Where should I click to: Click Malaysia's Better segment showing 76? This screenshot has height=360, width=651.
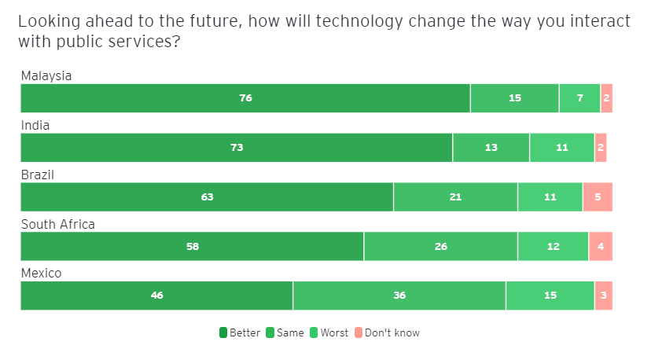(x=245, y=98)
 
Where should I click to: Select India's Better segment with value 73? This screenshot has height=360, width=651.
(x=237, y=148)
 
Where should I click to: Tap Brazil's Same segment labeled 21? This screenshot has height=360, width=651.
(x=455, y=197)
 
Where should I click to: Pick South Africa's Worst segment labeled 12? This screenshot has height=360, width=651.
(x=553, y=247)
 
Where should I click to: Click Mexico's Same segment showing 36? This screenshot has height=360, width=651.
(x=399, y=296)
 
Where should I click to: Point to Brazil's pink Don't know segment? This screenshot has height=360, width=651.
(x=598, y=197)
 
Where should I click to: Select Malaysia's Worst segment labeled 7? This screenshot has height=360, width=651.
(x=579, y=98)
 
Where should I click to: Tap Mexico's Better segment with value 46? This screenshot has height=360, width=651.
(x=156, y=296)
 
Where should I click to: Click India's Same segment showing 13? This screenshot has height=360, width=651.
(x=491, y=148)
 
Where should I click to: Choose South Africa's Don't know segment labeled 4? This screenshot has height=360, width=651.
(x=601, y=247)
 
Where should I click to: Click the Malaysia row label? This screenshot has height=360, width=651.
(x=46, y=76)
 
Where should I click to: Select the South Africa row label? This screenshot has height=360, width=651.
(x=57, y=225)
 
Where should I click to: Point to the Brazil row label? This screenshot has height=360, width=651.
(x=37, y=174)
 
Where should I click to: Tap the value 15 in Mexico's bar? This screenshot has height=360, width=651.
(x=550, y=296)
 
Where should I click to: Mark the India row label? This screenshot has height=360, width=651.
(x=35, y=126)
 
